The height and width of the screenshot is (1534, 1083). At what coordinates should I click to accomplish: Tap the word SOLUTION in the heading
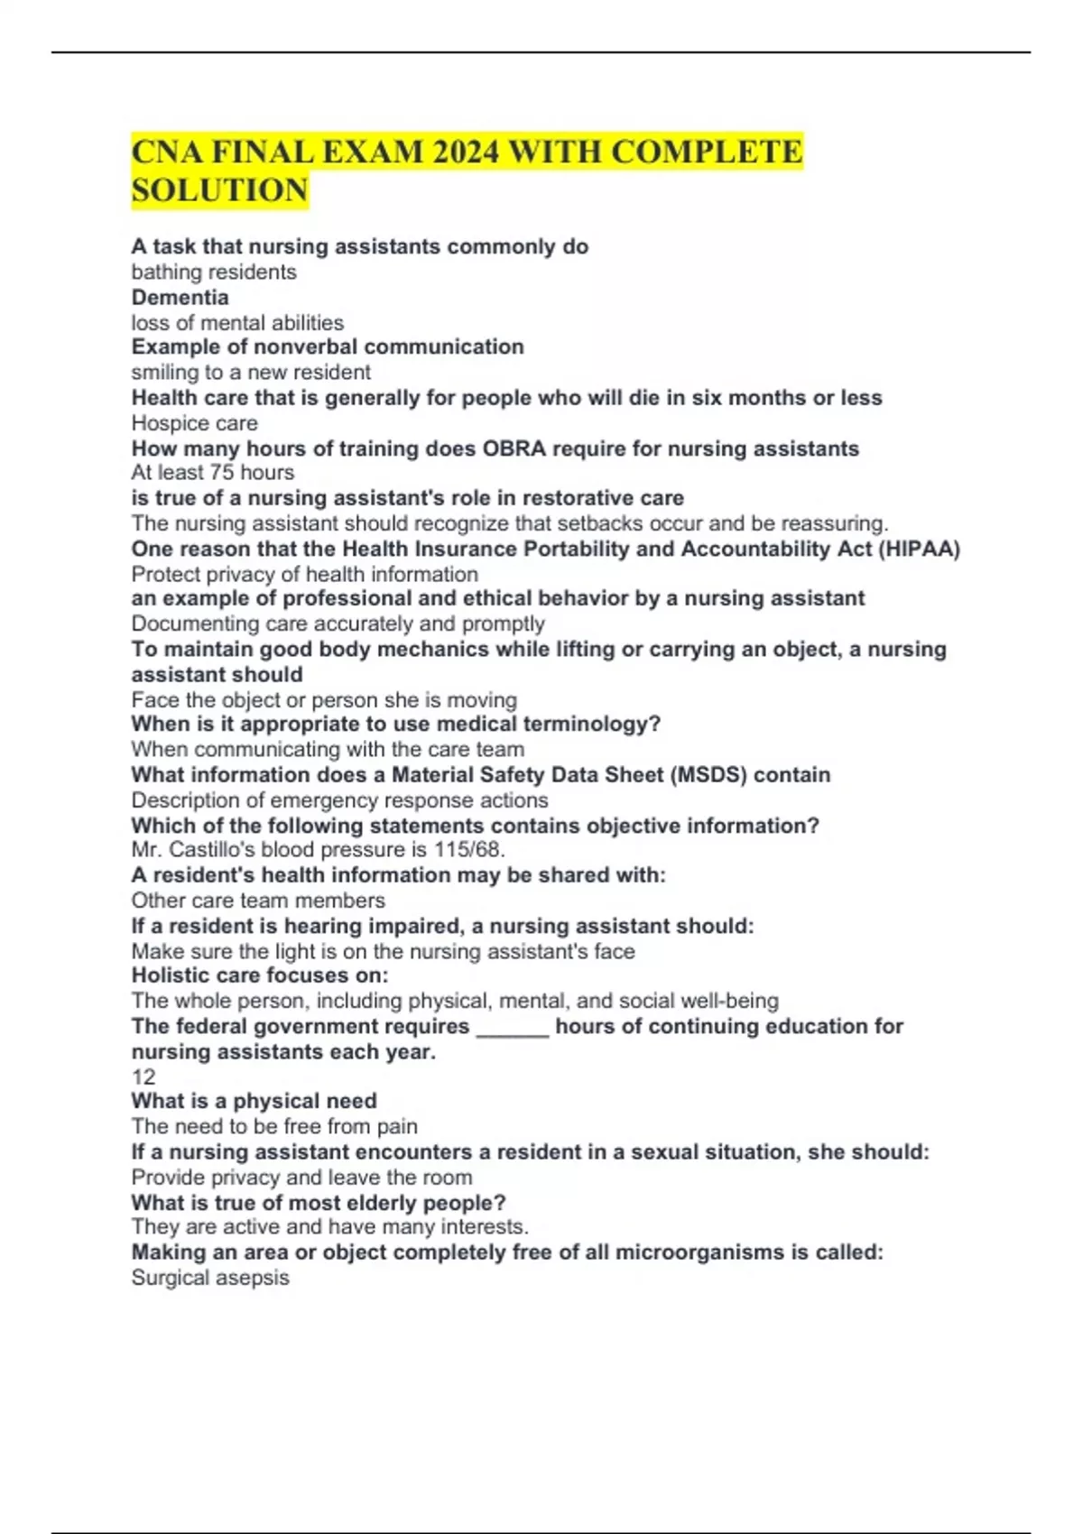tap(219, 190)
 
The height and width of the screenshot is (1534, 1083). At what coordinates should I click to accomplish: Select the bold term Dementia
tap(180, 297)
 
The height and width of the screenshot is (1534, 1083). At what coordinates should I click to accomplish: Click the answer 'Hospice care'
tap(194, 423)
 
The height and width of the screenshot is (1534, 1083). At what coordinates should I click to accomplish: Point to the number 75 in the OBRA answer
tap(222, 472)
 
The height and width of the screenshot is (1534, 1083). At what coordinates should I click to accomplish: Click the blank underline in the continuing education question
tap(512, 1029)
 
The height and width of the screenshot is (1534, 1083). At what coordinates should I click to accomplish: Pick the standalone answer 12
tap(143, 1077)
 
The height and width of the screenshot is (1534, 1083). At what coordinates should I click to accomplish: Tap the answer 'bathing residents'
tap(214, 272)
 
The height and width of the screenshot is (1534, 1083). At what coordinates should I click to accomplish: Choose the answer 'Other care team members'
tap(258, 900)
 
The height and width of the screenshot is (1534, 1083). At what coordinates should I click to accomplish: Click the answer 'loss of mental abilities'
tap(237, 322)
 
